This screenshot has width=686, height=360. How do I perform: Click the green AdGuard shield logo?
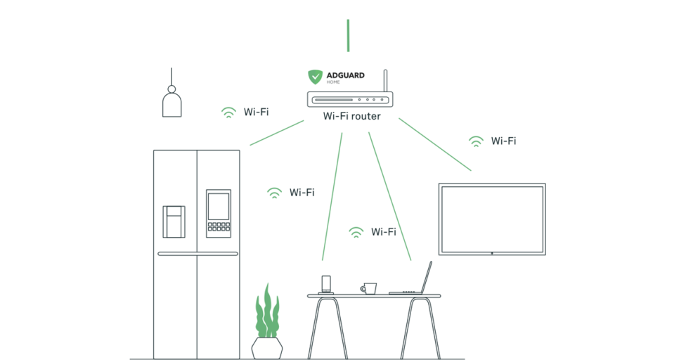316,77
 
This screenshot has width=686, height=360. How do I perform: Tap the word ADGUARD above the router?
345,75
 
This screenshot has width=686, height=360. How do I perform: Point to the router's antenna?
385,81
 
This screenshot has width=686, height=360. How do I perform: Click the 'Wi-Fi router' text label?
351,116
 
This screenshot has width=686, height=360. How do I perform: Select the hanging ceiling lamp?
171,102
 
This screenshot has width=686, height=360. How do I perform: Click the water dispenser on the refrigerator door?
174,220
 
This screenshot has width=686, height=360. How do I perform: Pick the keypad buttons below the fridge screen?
218,227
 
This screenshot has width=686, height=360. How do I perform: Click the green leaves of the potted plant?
266,313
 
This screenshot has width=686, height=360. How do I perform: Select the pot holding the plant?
267,347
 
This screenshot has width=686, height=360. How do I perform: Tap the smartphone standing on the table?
326,284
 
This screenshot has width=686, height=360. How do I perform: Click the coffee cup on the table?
369,288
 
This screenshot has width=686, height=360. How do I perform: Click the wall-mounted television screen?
492,219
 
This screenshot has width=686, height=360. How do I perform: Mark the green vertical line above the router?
348,35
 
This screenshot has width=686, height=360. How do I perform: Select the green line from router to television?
435,145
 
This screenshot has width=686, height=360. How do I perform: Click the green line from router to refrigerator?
277,133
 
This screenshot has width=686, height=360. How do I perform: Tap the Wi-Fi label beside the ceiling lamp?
256,112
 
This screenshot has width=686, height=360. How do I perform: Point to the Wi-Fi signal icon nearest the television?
477,141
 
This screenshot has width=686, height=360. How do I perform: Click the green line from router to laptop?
389,197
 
